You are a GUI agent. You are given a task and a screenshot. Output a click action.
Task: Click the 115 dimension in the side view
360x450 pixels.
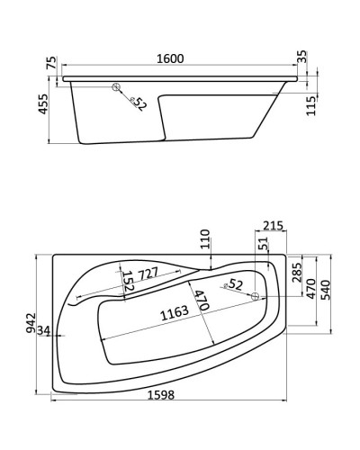click(310, 105)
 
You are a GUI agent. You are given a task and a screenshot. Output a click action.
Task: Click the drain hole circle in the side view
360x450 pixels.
click(116, 87)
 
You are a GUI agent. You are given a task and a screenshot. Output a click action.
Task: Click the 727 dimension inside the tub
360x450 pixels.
click(149, 271)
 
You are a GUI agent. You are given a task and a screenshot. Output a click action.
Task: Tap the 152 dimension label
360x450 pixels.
click(128, 282)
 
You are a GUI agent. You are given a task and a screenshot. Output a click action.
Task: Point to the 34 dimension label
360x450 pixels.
click(44, 334)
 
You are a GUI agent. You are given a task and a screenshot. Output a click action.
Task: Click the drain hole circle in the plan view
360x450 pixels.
click(255, 296)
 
